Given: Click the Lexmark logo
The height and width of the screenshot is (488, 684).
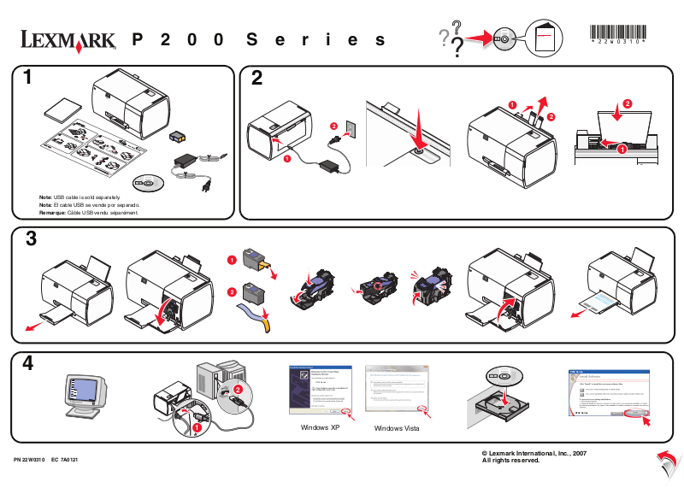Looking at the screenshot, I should tap(69, 39).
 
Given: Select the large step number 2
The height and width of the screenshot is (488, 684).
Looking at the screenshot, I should tap(256, 79).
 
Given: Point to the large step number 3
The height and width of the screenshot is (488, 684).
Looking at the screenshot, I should tap(31, 239).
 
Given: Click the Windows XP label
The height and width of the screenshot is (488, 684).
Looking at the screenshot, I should tap(321, 426).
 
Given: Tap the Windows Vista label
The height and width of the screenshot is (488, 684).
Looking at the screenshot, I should tap(397, 427).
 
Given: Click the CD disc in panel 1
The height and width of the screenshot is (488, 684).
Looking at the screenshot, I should tap(147, 182).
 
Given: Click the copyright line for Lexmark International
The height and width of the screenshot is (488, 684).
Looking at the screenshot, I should tap(534, 452).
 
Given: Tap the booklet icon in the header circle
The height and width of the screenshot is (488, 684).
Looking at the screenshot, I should tap(544, 39).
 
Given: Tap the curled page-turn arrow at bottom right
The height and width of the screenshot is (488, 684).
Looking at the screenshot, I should tap(663, 462).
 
